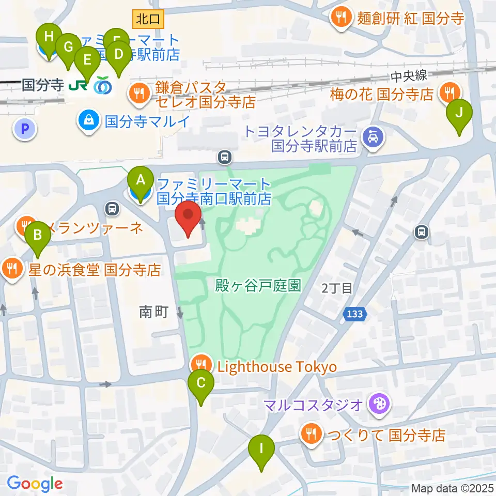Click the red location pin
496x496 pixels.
click(189, 219)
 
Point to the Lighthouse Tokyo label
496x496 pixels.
click(277, 367)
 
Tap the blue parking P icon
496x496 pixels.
click(25, 128)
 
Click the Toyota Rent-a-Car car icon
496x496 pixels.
click(373, 137)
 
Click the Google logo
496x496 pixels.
click(35, 484)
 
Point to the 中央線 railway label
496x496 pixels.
click(408, 76)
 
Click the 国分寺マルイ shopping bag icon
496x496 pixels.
click(89, 122)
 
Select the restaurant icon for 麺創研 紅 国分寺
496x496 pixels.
click(340, 18)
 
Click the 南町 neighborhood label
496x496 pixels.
click(154, 312)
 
